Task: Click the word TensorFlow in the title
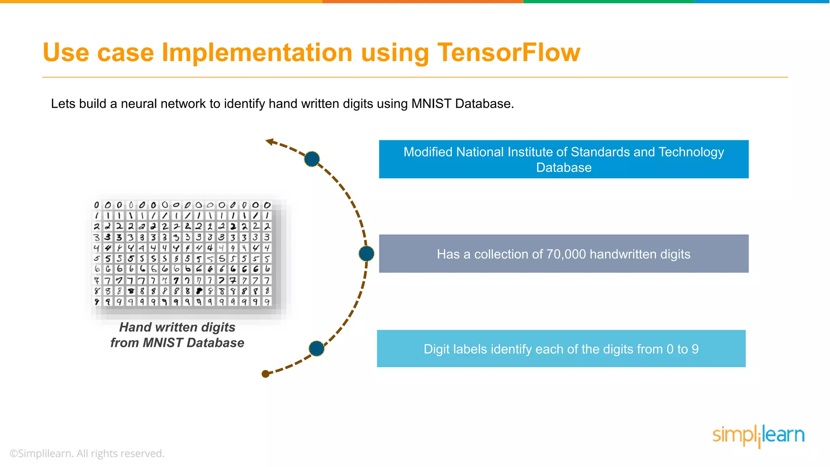509,53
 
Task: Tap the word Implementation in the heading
257,53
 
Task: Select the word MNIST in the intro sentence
431,104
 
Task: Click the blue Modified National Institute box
563,159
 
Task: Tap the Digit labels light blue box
561,349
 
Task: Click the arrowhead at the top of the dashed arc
269,141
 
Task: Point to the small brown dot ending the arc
265,374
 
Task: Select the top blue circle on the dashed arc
312,159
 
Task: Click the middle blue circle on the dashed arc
366,253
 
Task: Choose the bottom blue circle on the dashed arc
316,348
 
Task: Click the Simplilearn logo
758,436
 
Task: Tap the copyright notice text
87,453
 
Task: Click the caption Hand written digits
177,327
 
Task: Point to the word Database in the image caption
215,343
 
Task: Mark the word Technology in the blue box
691,152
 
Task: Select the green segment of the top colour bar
609,2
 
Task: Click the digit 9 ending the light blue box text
695,349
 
